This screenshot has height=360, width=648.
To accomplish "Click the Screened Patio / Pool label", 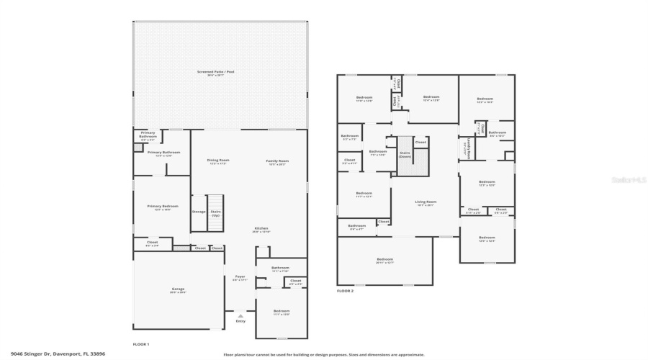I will click(220, 73).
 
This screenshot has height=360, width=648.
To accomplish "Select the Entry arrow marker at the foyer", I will click(240, 316).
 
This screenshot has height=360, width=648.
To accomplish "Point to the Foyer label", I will click(240, 278).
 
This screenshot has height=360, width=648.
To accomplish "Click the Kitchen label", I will click(261, 230).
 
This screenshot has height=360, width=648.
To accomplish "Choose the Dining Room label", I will click(217, 162).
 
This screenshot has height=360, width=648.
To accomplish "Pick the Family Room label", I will click(278, 162).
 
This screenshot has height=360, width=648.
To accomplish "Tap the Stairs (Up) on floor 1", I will click(215, 213).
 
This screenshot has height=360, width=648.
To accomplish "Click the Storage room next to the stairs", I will click(199, 212).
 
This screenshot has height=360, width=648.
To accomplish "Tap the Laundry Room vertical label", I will click(469, 148).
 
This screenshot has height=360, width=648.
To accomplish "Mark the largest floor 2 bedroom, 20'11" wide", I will click(384, 261).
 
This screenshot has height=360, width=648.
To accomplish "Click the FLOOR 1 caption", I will click(141, 344).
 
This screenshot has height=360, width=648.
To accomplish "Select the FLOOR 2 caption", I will click(345, 291).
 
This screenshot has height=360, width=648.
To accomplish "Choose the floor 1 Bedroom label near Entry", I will click(281, 312).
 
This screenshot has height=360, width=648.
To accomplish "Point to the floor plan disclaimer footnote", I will click(323, 354).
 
